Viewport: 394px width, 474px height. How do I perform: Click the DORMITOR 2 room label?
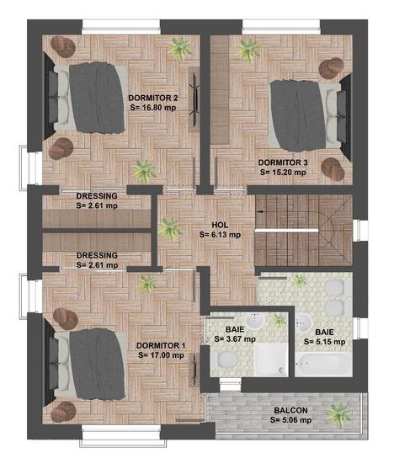[x=153, y=98]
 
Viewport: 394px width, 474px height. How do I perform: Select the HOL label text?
[x=220, y=225]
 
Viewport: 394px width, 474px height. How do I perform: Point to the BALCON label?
[x=291, y=410]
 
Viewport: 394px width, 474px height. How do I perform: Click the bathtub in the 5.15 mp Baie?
[x=323, y=365]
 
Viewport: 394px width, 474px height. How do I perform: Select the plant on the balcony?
[x=339, y=415]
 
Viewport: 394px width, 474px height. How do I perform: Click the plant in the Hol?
[x=170, y=229]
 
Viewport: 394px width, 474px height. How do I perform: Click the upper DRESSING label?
[x=97, y=196]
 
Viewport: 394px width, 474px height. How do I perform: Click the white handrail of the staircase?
[x=286, y=231]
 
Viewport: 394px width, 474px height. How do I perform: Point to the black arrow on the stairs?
[x=259, y=212]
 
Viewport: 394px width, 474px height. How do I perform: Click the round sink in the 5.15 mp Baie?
[x=303, y=322]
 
